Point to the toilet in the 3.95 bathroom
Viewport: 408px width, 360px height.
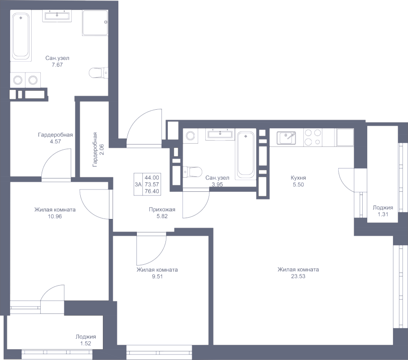click(193, 171)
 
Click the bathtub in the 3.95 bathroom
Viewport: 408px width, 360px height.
click(246, 154)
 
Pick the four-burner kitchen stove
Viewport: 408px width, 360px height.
click(313, 137)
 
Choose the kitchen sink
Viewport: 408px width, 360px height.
click(287, 137)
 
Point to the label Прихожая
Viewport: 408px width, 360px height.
click(162, 210)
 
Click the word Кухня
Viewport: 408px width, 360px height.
click(299, 178)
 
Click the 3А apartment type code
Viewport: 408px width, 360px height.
click(138, 185)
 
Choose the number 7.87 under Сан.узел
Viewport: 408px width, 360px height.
click(57, 65)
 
